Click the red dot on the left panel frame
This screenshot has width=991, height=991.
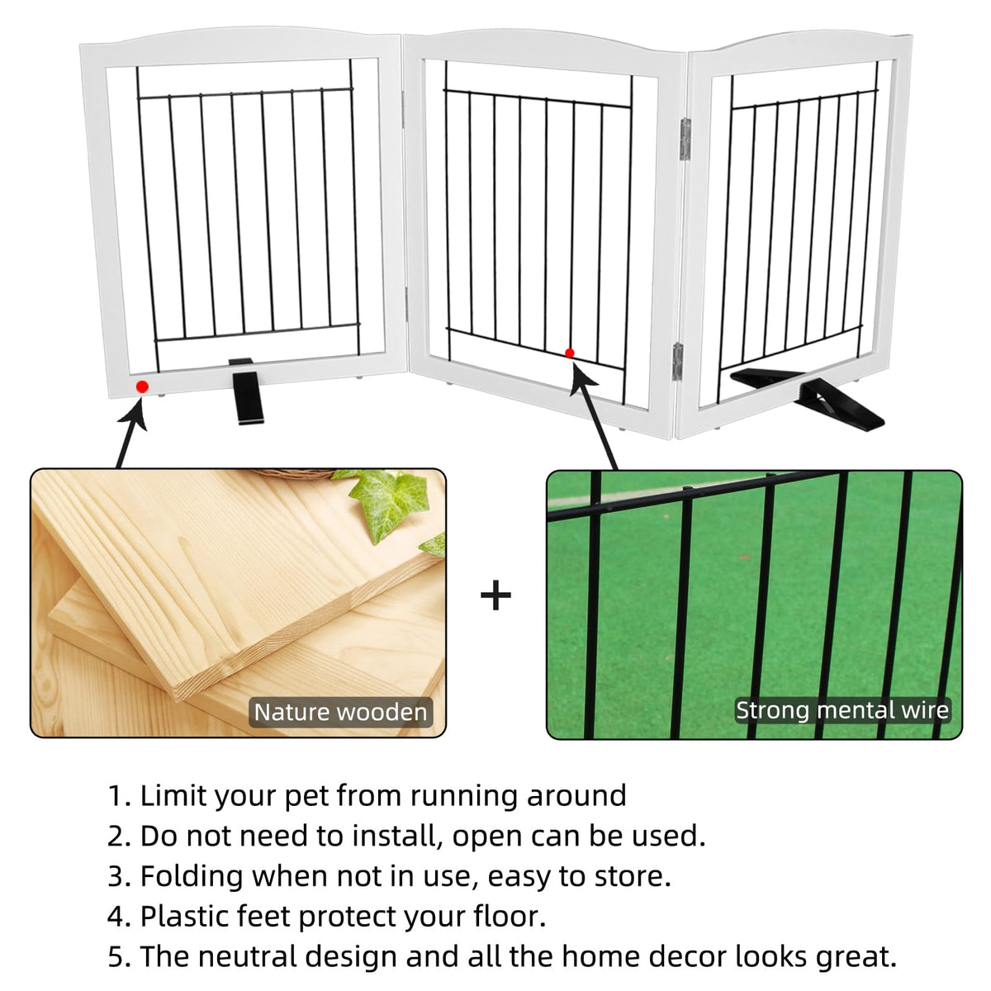pyautogui.click(x=142, y=386)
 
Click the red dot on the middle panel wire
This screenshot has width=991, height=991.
pyautogui.click(x=569, y=353)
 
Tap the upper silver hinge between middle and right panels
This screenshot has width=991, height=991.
pyautogui.click(x=685, y=139)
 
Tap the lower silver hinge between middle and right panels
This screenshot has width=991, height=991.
pyautogui.click(x=678, y=362)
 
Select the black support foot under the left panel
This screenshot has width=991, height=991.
pyautogui.click(x=247, y=391)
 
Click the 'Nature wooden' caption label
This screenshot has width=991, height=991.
pyautogui.click(x=340, y=712)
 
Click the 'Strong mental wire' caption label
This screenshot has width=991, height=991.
pyautogui.click(x=842, y=710)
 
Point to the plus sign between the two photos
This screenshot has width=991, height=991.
pyautogui.click(x=495, y=595)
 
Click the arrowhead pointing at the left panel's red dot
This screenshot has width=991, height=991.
pyautogui.click(x=135, y=415)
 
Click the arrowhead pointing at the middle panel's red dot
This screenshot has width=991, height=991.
pyautogui.click(x=582, y=380)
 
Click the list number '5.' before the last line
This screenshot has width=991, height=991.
pyautogui.click(x=120, y=957)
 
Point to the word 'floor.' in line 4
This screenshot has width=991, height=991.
pyautogui.click(x=510, y=916)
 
